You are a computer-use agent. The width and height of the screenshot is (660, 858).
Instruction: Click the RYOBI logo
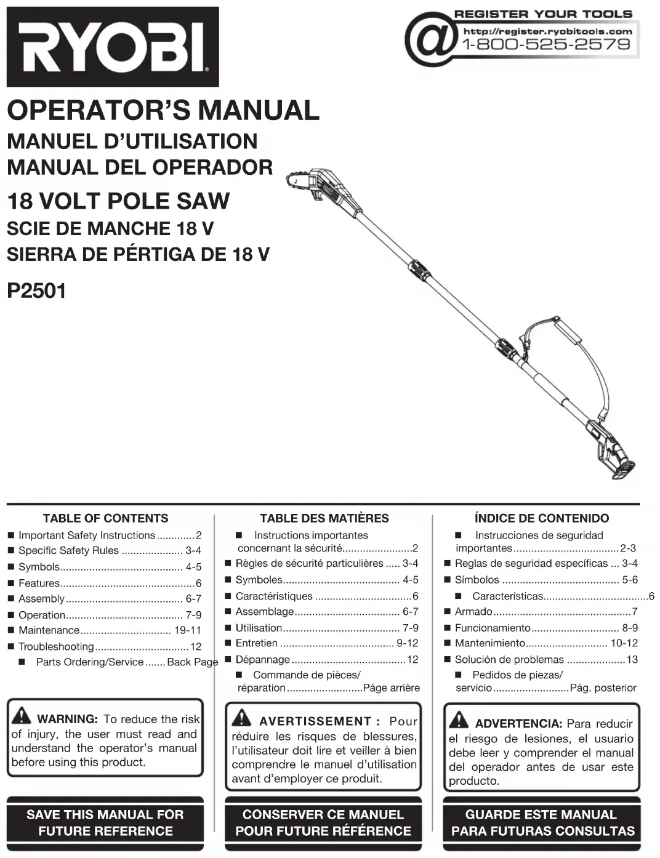coord(113,47)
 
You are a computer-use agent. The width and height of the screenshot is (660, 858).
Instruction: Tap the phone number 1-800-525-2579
coord(547,44)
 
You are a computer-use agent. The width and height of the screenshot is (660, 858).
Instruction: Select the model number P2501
coord(36,290)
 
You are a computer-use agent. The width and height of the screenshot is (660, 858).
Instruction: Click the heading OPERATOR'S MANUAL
coord(163,111)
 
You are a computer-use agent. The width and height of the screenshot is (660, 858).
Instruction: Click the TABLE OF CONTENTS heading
coord(105,518)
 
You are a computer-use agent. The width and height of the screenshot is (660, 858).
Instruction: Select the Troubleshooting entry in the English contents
coord(56,646)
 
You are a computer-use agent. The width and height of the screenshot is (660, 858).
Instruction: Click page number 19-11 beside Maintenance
coord(188,630)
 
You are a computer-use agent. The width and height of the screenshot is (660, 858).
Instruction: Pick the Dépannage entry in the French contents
coord(262,659)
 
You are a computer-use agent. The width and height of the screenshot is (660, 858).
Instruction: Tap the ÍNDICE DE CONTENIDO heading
coord(542,518)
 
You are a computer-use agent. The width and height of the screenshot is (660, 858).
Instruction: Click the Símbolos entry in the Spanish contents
coord(477,580)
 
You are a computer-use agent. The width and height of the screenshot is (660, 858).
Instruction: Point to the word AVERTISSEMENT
coord(315,721)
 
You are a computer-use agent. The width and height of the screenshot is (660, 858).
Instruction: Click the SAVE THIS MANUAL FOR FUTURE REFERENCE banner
coord(105,823)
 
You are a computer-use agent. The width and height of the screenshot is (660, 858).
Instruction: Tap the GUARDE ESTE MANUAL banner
coord(542,823)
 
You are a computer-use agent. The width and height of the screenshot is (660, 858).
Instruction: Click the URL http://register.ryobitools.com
coord(547,31)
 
